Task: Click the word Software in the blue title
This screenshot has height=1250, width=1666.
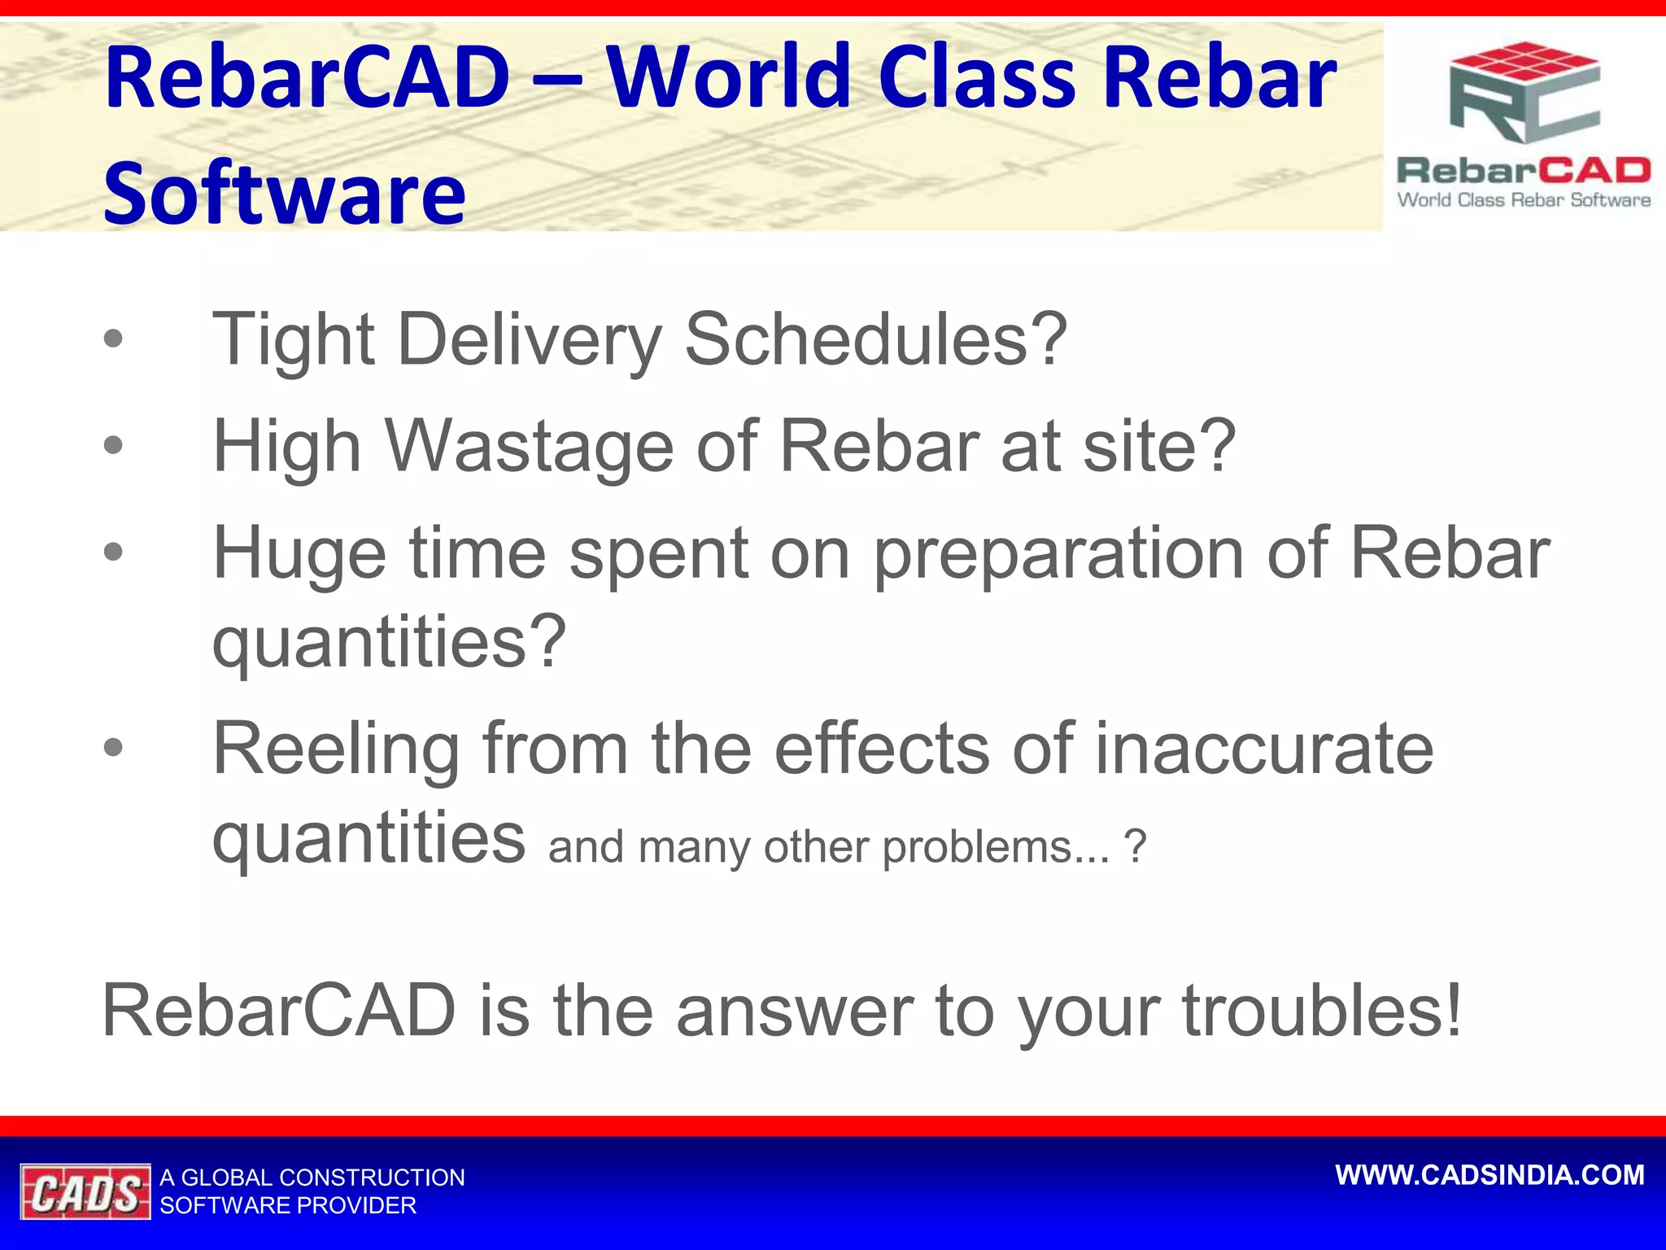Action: (285, 193)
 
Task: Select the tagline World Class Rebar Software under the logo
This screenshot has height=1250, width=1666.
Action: (1524, 200)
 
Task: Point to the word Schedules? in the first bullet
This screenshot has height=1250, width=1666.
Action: (876, 339)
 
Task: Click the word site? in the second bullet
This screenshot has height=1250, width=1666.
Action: (1160, 445)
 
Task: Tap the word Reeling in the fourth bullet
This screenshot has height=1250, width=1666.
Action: (336, 750)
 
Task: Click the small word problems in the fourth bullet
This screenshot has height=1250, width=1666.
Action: (996, 847)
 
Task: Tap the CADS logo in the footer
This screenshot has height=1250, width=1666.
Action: (85, 1192)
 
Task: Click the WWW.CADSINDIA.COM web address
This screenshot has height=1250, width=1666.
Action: (1490, 1175)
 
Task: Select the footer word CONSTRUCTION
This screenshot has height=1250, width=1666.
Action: (372, 1178)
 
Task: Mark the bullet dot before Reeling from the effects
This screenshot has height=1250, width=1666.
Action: (114, 747)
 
